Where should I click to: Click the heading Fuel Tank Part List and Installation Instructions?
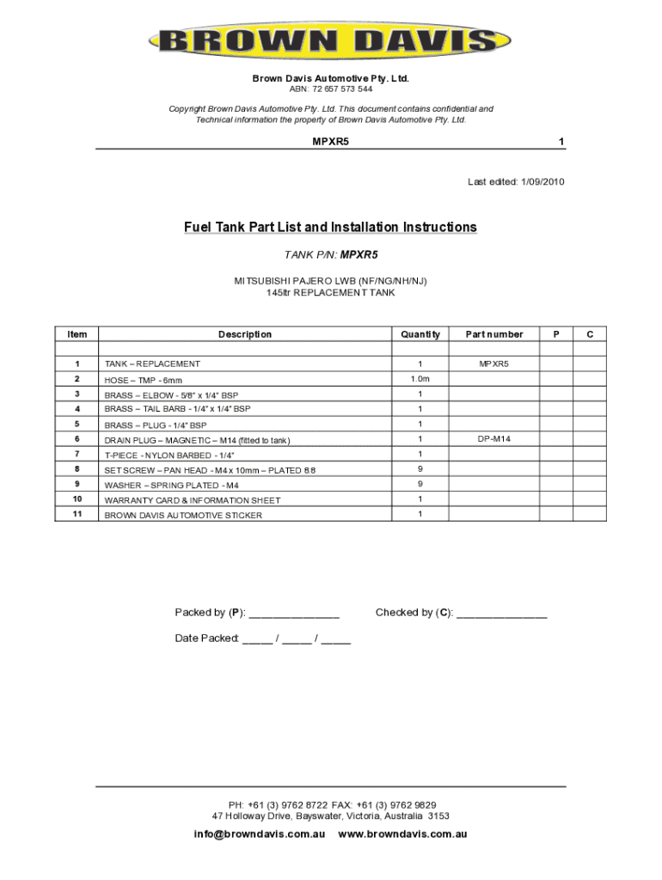(x=330, y=228)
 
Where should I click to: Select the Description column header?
(x=245, y=334)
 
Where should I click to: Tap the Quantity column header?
(x=420, y=334)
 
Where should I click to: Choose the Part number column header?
(x=494, y=334)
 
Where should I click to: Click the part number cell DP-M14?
(x=494, y=439)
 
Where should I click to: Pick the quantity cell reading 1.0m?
(x=420, y=379)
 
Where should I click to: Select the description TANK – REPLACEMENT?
(x=152, y=364)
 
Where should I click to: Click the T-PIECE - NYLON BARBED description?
(x=169, y=455)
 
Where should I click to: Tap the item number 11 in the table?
(x=77, y=514)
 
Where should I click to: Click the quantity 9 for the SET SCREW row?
(x=420, y=469)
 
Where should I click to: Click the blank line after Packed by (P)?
(x=294, y=614)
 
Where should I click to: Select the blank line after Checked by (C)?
(x=502, y=614)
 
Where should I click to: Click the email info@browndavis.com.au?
(x=260, y=834)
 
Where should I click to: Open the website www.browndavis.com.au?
(x=403, y=834)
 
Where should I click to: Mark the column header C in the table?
(x=590, y=334)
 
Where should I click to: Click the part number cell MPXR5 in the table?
(x=494, y=364)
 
